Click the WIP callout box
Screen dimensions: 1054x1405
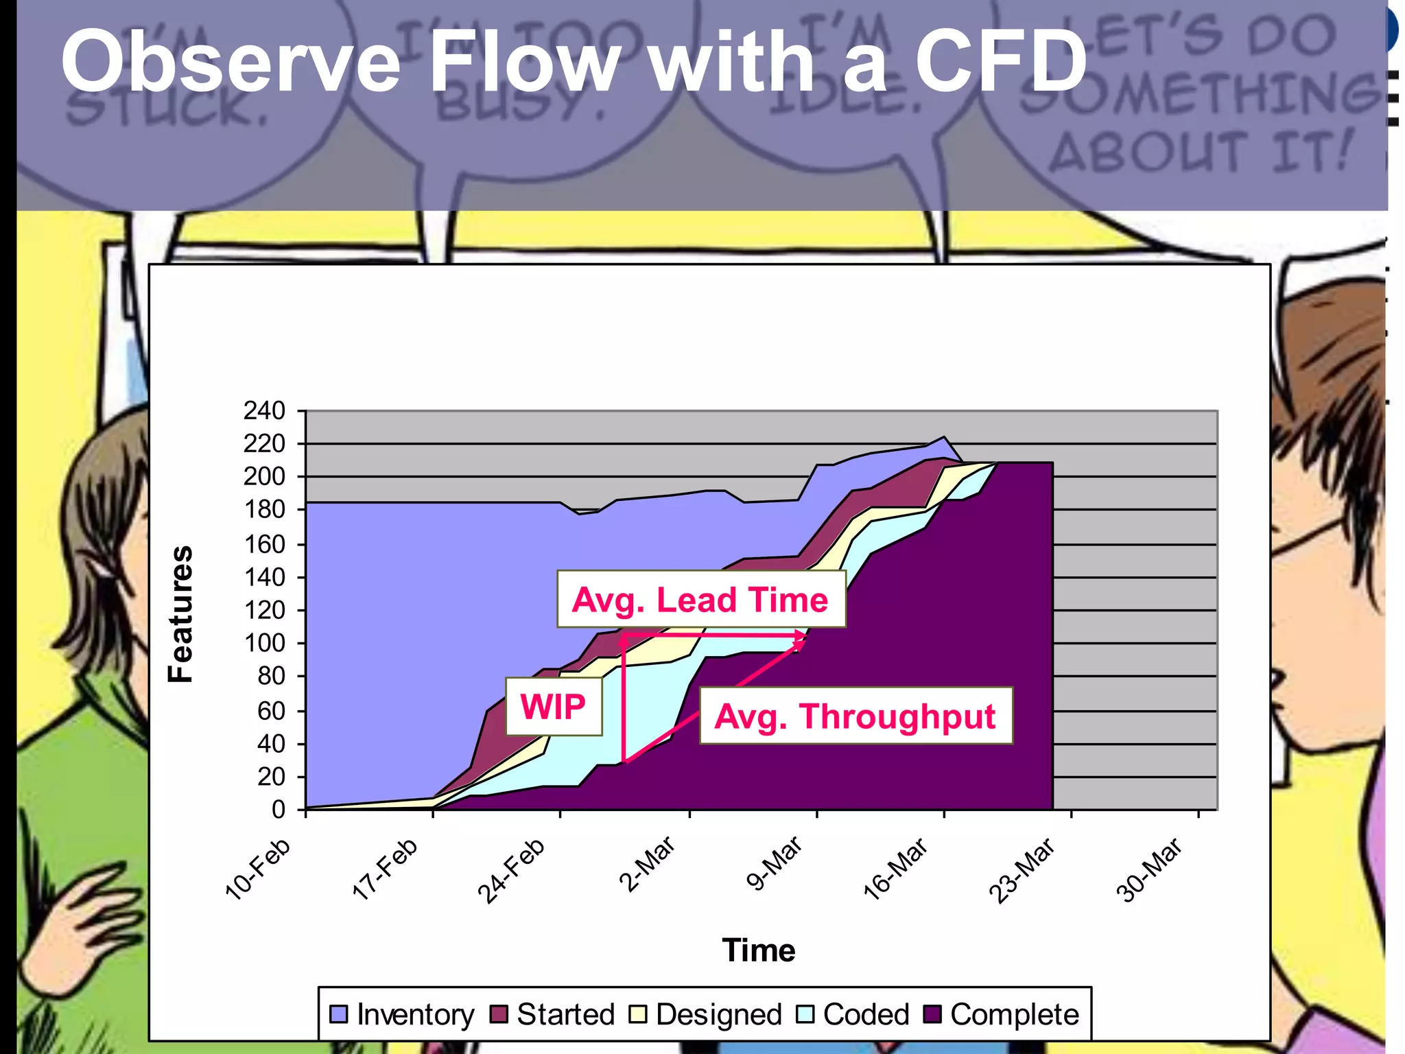click(x=554, y=707)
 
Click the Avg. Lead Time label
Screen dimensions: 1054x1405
click(x=700, y=599)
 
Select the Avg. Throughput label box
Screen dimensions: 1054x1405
click(x=855, y=716)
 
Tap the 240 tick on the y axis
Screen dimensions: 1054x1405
click(x=264, y=411)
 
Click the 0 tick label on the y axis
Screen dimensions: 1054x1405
click(x=278, y=810)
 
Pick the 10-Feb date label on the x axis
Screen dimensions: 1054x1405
click(x=259, y=868)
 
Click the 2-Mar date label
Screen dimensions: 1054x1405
click(x=648, y=864)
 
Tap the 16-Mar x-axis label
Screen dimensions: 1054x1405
click(x=896, y=868)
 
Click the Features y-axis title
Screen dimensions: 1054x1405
click(x=181, y=614)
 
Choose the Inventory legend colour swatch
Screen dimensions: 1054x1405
click(x=339, y=1014)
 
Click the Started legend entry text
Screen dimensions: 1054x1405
click(x=565, y=1014)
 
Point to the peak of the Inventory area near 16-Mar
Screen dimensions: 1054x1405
click(x=944, y=438)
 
